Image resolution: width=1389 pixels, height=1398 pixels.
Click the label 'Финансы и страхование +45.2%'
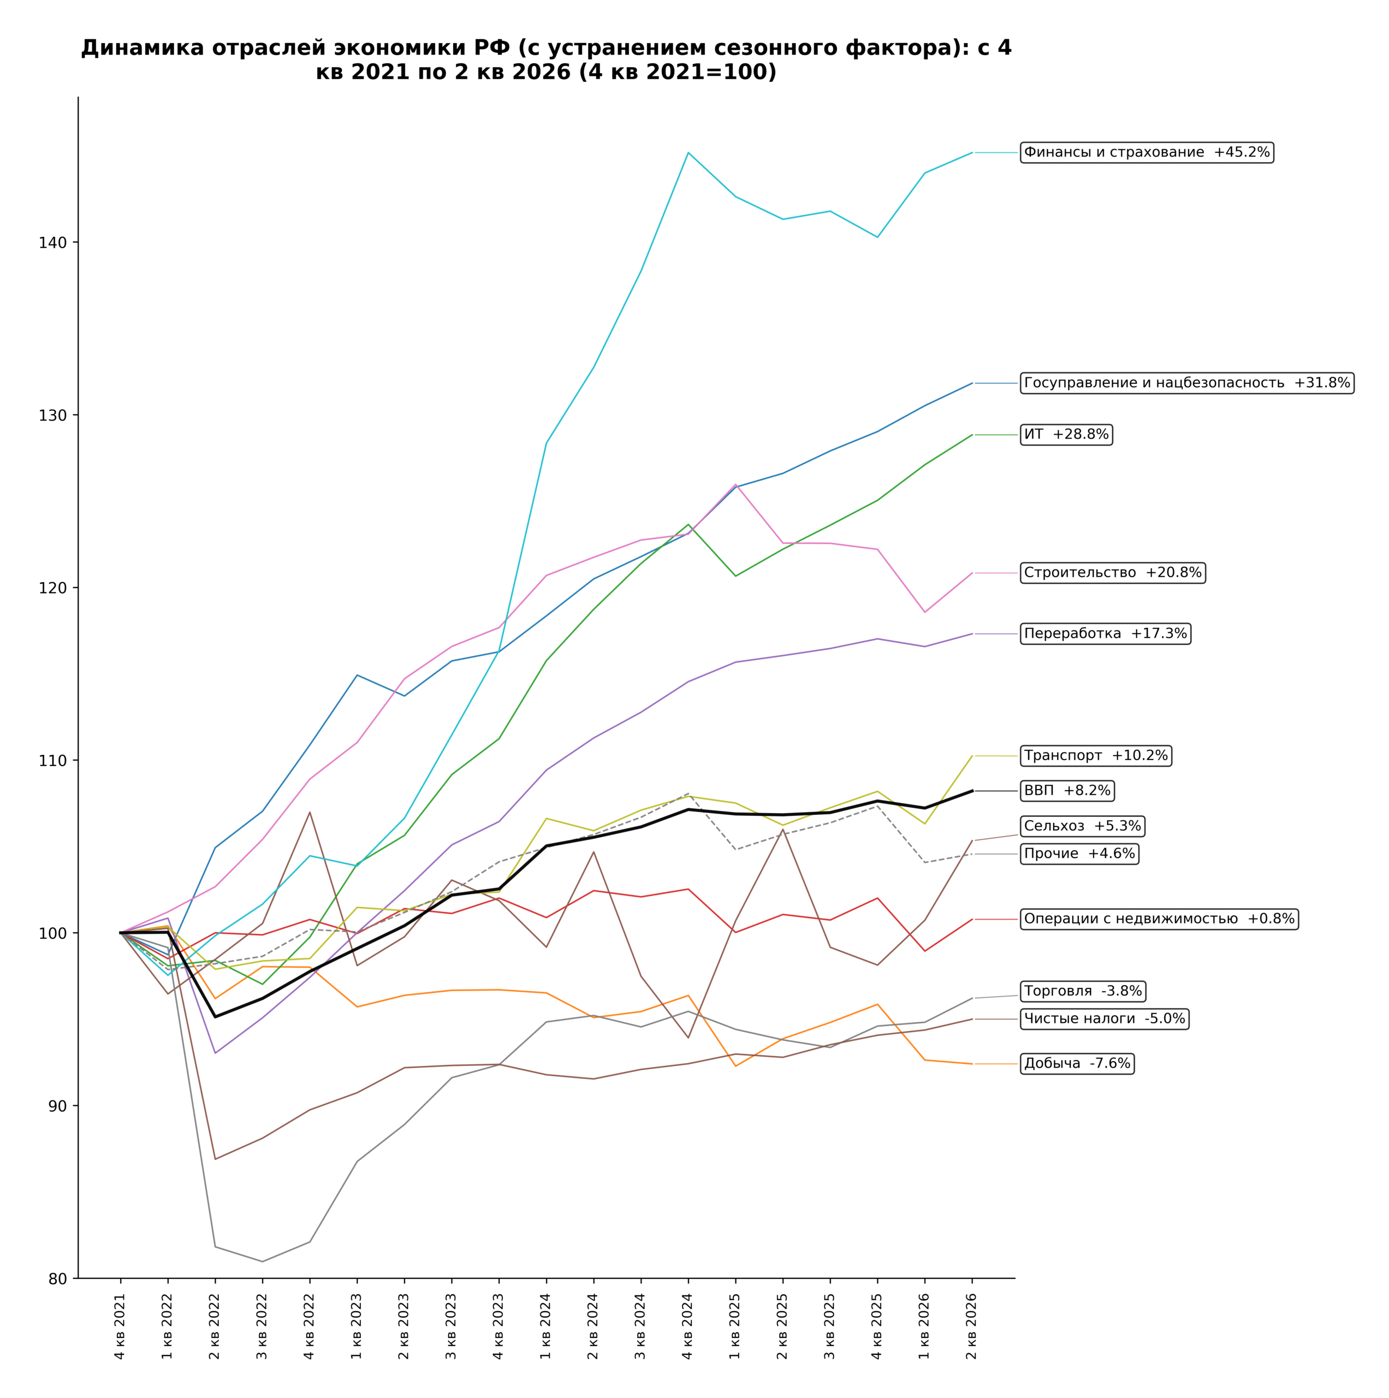tap(1147, 153)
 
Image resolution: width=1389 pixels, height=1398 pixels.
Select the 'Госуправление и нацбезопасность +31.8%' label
tap(1187, 383)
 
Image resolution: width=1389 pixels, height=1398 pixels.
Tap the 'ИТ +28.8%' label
tap(1066, 435)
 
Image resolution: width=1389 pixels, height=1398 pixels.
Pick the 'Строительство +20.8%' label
tap(1113, 573)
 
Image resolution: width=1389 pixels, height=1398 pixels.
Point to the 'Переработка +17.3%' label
tap(1106, 634)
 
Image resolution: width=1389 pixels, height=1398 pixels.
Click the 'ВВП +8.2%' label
tap(1067, 791)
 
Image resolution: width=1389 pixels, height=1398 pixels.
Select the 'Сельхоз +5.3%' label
tap(1082, 826)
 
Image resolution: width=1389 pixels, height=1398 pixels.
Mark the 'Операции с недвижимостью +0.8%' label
tap(1159, 919)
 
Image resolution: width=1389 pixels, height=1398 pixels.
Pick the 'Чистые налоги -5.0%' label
tap(1105, 1019)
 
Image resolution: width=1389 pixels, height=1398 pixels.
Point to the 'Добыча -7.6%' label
tap(1077, 1064)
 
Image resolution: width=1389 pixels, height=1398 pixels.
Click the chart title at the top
tap(546, 60)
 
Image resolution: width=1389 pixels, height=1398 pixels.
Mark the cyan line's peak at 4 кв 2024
tap(688, 153)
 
